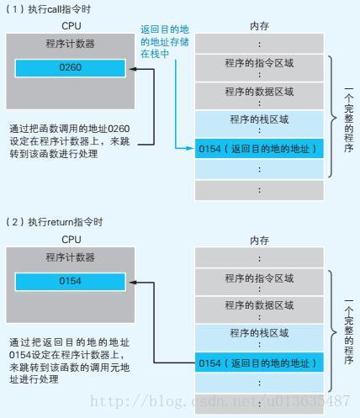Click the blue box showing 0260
pos(71,68)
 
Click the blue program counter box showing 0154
pos(71,281)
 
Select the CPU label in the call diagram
pos(71,26)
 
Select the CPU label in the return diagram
pos(71,240)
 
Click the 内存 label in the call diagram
pos(259,26)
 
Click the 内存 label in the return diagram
pos(259,241)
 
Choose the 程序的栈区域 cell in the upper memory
pos(259,122)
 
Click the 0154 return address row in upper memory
pos(259,149)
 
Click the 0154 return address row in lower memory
pos(259,362)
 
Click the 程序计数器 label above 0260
pos(71,44)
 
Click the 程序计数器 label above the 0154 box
pos(71,257)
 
